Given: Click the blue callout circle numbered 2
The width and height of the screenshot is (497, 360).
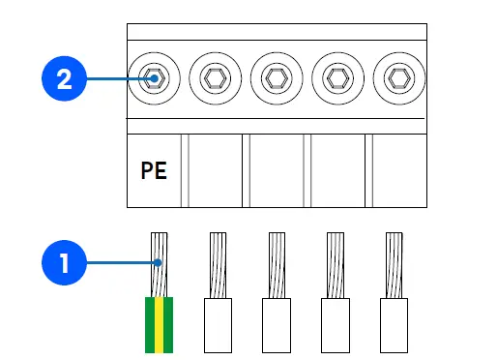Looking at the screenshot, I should (x=64, y=78).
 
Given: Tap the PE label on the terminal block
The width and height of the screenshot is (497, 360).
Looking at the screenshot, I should (x=154, y=171).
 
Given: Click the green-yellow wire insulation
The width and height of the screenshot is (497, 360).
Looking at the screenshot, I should (x=159, y=324).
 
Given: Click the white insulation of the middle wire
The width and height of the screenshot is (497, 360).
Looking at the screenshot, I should (x=278, y=324).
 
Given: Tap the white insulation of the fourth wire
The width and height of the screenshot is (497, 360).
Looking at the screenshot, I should (x=336, y=324).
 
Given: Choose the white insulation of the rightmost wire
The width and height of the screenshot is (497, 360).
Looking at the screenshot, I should (x=395, y=324).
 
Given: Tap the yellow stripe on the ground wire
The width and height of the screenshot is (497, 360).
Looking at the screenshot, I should (x=159, y=324).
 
